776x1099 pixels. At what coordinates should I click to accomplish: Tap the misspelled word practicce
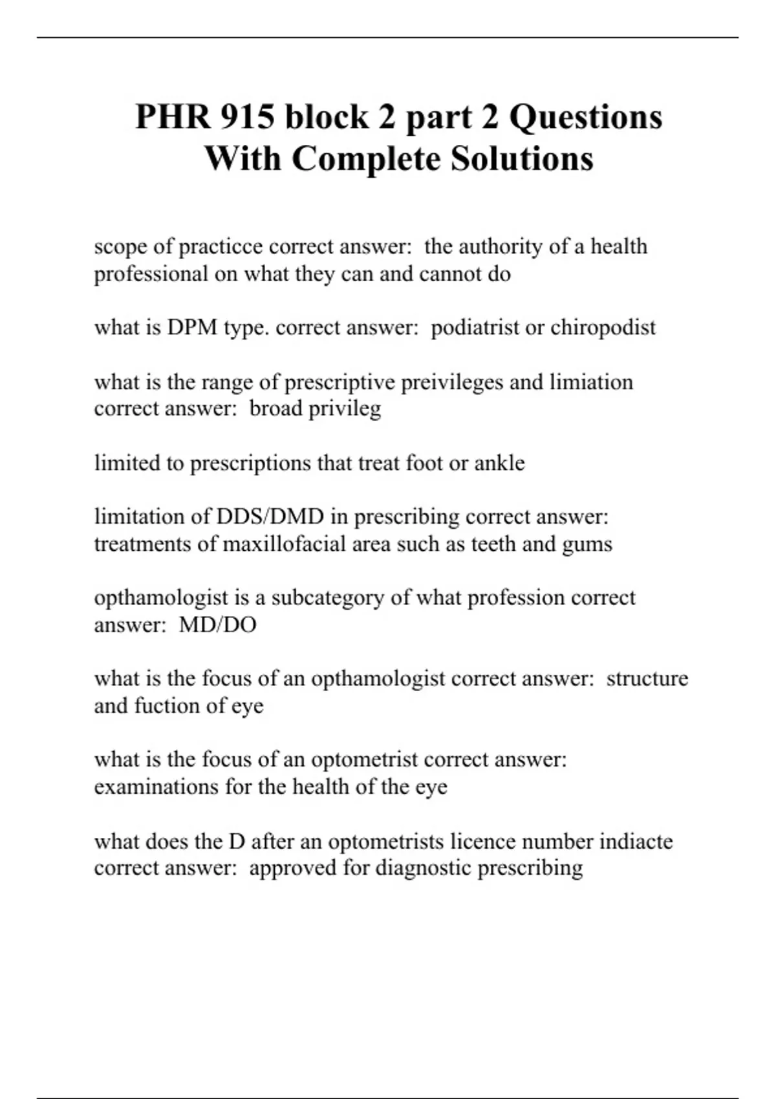(x=220, y=246)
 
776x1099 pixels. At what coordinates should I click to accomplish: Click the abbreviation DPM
(x=192, y=327)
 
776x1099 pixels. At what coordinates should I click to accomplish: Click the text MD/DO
(x=217, y=624)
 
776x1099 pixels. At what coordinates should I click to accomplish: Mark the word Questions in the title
(x=586, y=117)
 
